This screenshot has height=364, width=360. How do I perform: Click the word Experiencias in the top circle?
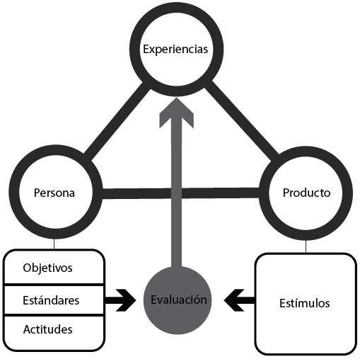pyautogui.click(x=175, y=50)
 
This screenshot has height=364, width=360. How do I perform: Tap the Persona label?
pyautogui.click(x=54, y=193)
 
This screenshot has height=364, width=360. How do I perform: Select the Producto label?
pyautogui.click(x=306, y=193)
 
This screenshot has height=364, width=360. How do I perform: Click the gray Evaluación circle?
pyautogui.click(x=178, y=300)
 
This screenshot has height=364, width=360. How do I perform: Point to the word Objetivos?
pyautogui.click(x=47, y=268)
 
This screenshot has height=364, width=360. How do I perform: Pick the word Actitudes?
pyautogui.click(x=47, y=329)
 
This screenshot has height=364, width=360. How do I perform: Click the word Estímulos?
pyautogui.click(x=305, y=303)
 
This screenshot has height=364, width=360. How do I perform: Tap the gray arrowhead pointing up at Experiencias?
pyautogui.click(x=176, y=113)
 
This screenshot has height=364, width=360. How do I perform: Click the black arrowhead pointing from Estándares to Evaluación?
pyautogui.click(x=126, y=300)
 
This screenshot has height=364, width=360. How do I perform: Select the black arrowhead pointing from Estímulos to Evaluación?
pyautogui.click(x=234, y=300)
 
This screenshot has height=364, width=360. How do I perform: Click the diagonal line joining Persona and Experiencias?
pyautogui.click(x=117, y=120)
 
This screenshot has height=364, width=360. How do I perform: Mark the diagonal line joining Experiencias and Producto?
pyautogui.click(x=243, y=120)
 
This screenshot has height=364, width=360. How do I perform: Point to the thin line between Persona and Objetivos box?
pyautogui.click(x=54, y=244)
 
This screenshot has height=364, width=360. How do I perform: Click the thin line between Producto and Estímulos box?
pyautogui.click(x=306, y=246)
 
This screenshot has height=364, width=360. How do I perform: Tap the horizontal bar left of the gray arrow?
pyautogui.click(x=137, y=193)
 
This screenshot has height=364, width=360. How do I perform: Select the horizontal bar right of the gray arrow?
pyautogui.click(x=221, y=193)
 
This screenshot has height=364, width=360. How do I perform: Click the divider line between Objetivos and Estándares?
pyautogui.click(x=54, y=285)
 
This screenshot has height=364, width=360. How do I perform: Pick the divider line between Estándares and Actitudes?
pyautogui.click(x=54, y=315)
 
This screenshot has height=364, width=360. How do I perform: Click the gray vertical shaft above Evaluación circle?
pyautogui.click(x=176, y=191)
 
